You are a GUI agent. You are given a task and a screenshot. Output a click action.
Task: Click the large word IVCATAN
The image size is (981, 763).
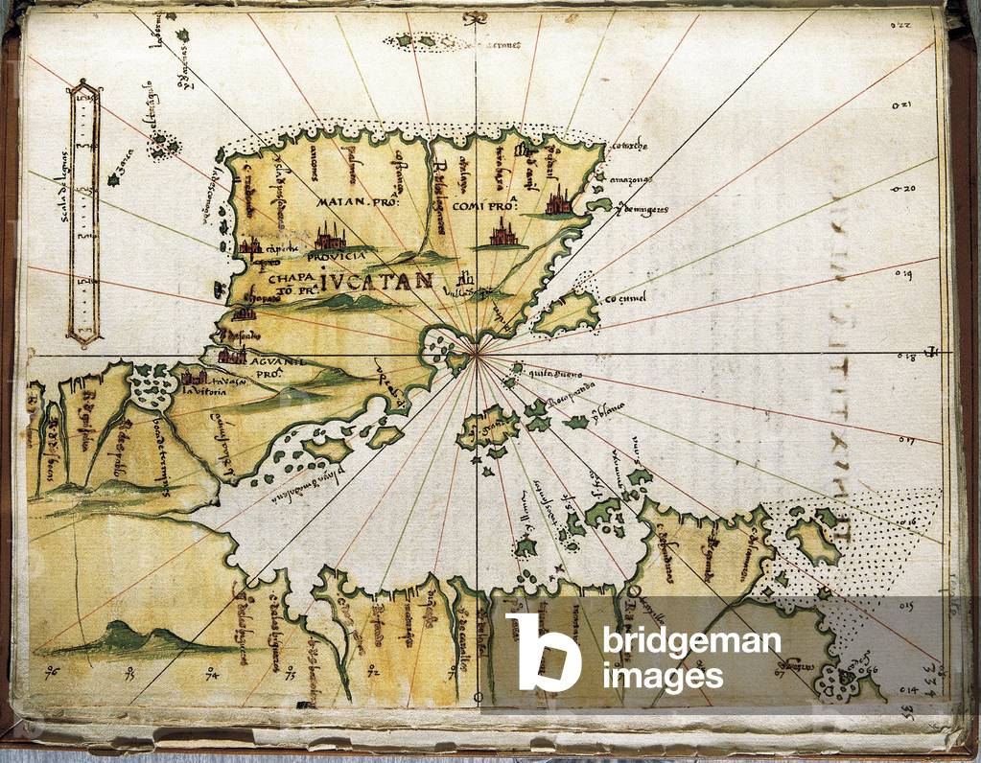click(377, 280)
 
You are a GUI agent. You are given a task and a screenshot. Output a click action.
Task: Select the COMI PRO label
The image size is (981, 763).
click(483, 203)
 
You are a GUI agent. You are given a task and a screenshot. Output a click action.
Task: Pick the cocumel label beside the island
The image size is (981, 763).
click(624, 298)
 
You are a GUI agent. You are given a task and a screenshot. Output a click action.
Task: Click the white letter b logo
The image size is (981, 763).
click(543, 652)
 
